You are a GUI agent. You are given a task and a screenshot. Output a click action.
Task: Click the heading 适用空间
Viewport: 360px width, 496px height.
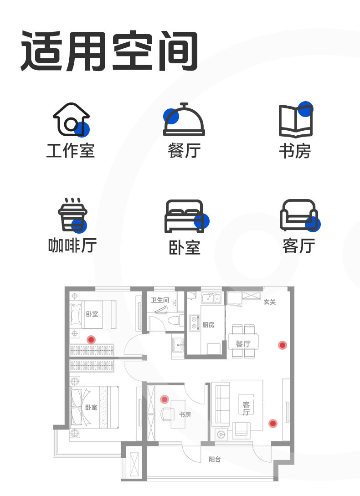click(109, 51)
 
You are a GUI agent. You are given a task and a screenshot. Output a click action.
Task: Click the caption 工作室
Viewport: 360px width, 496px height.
click(71, 151)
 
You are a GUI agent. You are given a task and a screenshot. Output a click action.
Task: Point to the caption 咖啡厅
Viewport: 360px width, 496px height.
click(72, 245)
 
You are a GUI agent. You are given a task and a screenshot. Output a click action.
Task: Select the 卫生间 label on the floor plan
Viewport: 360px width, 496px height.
click(160, 300)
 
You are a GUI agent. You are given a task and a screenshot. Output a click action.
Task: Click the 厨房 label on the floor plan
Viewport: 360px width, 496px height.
click(208, 325)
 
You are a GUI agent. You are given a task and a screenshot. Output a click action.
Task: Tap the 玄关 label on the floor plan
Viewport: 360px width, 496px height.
click(269, 302)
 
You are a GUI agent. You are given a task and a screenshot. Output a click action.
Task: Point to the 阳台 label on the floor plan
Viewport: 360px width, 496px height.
click(215, 460)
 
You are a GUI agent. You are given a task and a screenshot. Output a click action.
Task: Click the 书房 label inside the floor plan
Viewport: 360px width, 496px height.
click(185, 414)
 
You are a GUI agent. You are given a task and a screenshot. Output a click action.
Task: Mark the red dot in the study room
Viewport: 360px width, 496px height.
click(164, 399)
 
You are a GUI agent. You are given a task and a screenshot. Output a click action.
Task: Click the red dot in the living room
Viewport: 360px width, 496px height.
click(273, 424)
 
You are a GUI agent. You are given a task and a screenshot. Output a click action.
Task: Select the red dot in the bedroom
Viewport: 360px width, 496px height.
click(91, 340)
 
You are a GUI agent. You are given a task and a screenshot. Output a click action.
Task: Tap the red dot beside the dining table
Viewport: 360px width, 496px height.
click(283, 345)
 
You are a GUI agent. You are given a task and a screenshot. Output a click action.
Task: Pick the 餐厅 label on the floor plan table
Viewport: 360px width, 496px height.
click(243, 343)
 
